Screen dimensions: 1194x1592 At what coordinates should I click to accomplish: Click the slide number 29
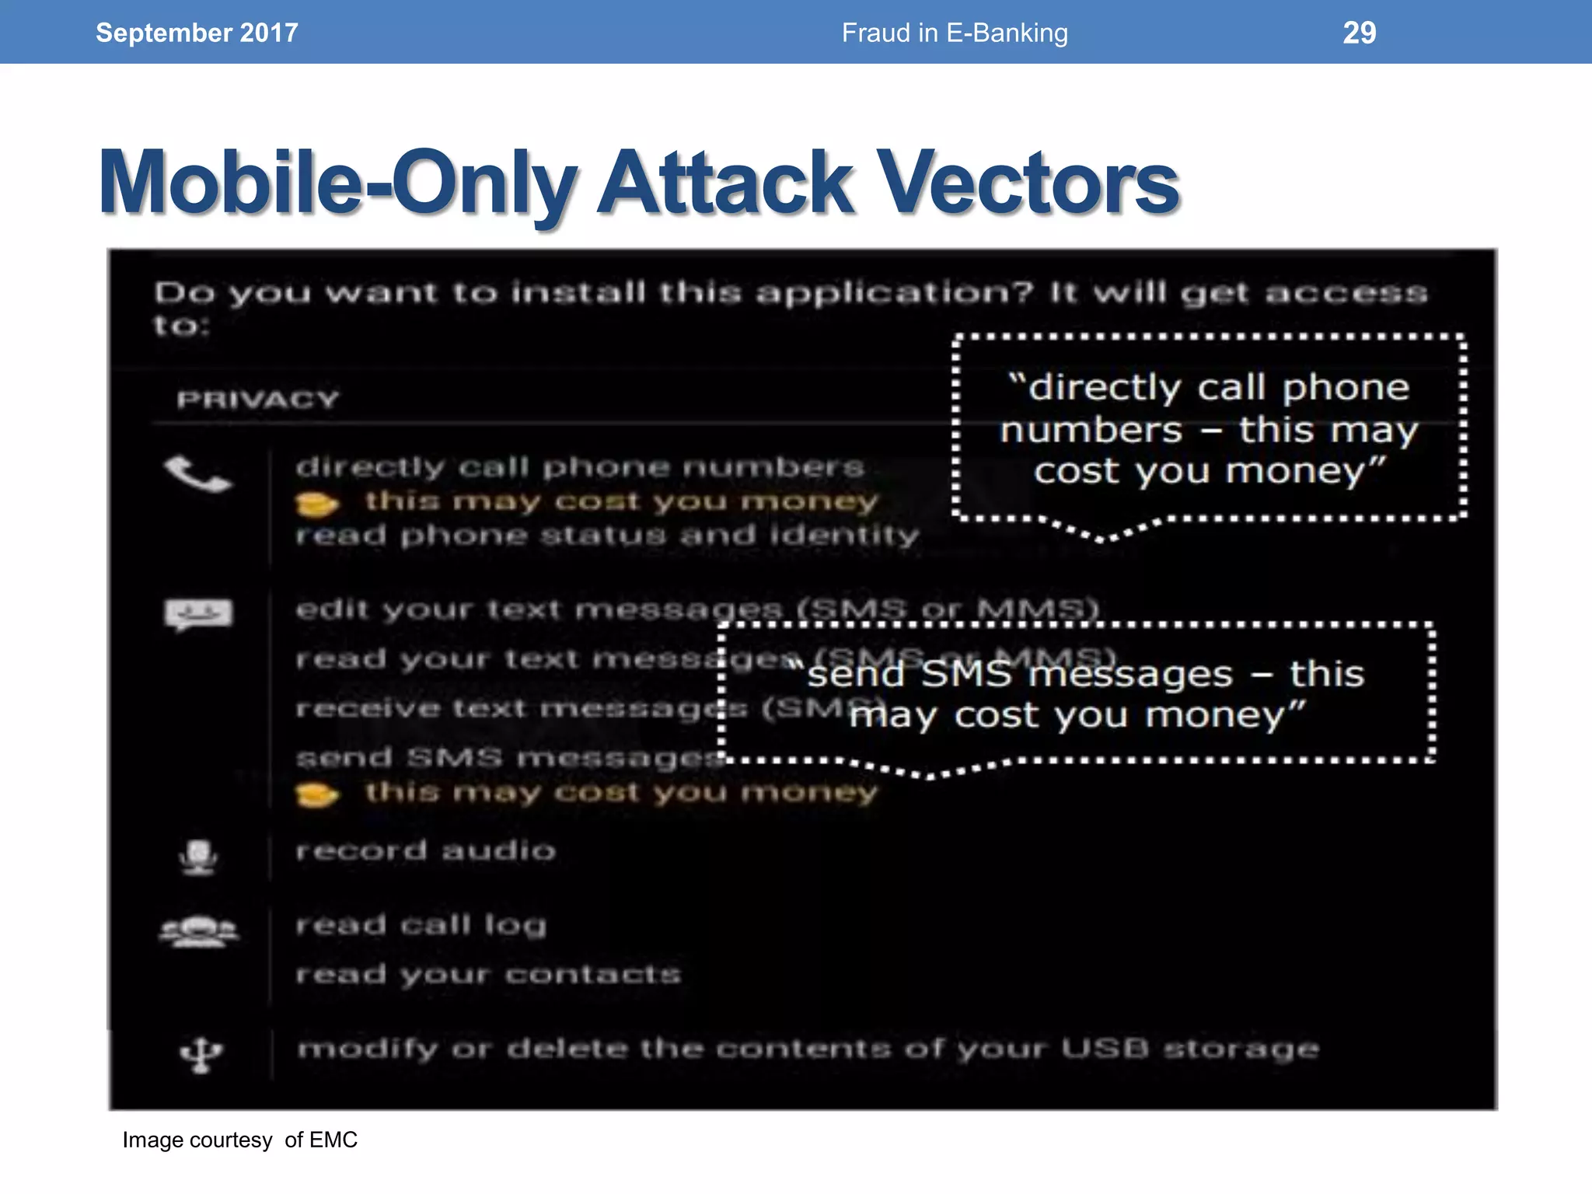tap(1359, 33)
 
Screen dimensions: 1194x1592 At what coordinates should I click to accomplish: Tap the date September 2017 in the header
tap(197, 33)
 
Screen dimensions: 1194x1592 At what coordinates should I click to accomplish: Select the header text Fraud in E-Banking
tap(955, 33)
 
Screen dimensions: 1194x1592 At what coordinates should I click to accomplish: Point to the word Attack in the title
tap(726, 183)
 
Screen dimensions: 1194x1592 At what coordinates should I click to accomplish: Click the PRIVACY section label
tap(258, 400)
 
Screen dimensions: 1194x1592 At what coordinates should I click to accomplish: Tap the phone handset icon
tap(197, 473)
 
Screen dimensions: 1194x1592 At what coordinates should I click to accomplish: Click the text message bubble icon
tap(198, 614)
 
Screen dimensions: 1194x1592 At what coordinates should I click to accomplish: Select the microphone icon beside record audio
tap(198, 857)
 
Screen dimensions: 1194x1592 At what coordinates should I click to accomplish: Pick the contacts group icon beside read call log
tap(199, 930)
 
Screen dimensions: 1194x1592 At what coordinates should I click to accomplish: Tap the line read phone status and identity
tap(607, 536)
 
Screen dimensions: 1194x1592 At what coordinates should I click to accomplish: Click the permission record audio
tap(426, 850)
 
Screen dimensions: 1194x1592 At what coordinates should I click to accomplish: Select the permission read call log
tap(421, 925)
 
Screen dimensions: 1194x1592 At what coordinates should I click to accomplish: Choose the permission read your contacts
tap(488, 974)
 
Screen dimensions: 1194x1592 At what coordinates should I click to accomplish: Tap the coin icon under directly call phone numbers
tap(316, 505)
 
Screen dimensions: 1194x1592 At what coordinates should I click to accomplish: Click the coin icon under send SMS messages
tap(316, 795)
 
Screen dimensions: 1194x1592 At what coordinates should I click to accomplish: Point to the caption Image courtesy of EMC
tap(239, 1140)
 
